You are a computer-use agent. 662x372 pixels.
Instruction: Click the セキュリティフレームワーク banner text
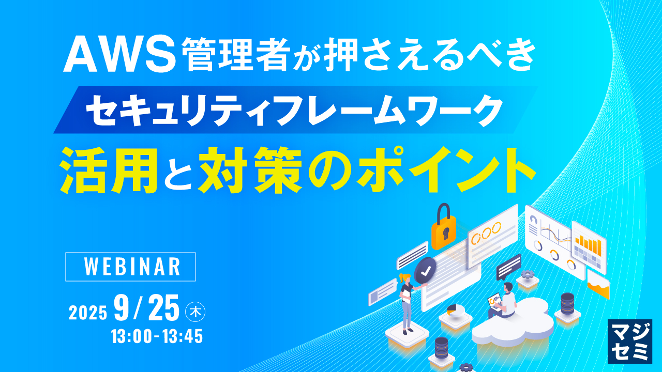click(295, 110)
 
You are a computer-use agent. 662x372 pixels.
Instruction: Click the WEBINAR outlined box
click(131, 267)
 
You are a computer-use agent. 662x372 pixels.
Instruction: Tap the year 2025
click(88, 312)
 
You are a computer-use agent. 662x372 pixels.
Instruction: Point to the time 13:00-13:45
click(157, 337)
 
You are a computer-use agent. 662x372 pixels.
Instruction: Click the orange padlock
click(443, 227)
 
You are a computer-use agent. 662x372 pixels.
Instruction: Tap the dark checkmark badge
click(425, 270)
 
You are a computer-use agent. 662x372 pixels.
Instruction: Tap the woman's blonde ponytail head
click(404, 278)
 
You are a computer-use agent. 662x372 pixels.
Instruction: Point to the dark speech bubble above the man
click(508, 267)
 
